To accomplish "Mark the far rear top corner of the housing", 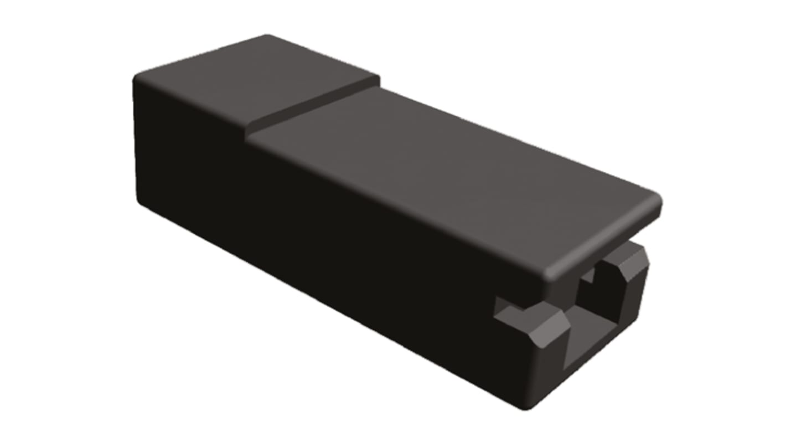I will coord(268,37).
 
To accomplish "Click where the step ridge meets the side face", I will coord(248,133).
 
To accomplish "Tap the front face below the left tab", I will coord(542,371).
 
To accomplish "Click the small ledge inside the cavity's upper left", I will coord(590,274).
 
